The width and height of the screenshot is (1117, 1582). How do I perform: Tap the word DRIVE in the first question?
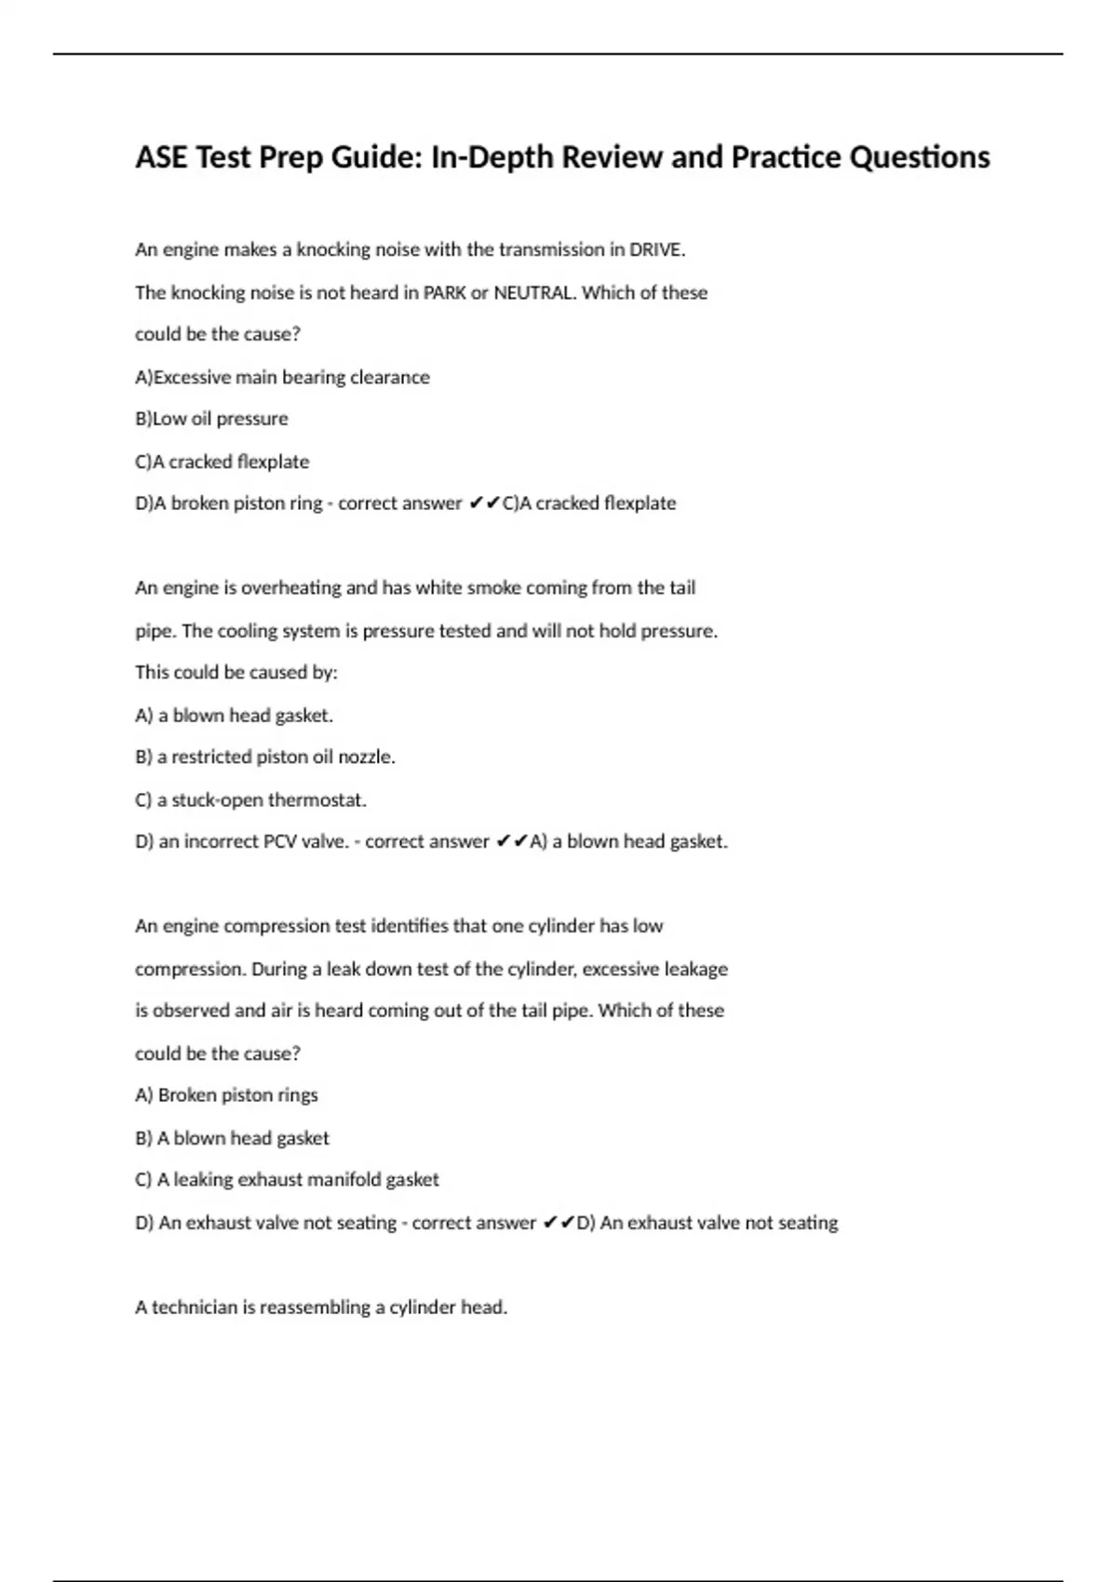[x=656, y=249]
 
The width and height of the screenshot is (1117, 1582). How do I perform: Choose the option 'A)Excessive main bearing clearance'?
[x=282, y=377]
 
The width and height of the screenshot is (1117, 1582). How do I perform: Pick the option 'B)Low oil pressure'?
[x=211, y=419]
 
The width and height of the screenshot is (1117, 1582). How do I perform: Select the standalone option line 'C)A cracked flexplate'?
[x=222, y=462]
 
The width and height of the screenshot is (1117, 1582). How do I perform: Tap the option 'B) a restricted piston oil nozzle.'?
[x=265, y=757]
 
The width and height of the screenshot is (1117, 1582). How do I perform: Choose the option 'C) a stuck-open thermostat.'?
[x=250, y=799]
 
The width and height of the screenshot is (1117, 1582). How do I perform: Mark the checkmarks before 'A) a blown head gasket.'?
[x=511, y=841]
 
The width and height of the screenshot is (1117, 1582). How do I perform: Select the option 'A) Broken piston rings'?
[x=226, y=1095]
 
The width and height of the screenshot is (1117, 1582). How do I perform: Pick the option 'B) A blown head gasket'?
[x=232, y=1137]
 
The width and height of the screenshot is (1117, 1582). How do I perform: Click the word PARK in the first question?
[x=445, y=292]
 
